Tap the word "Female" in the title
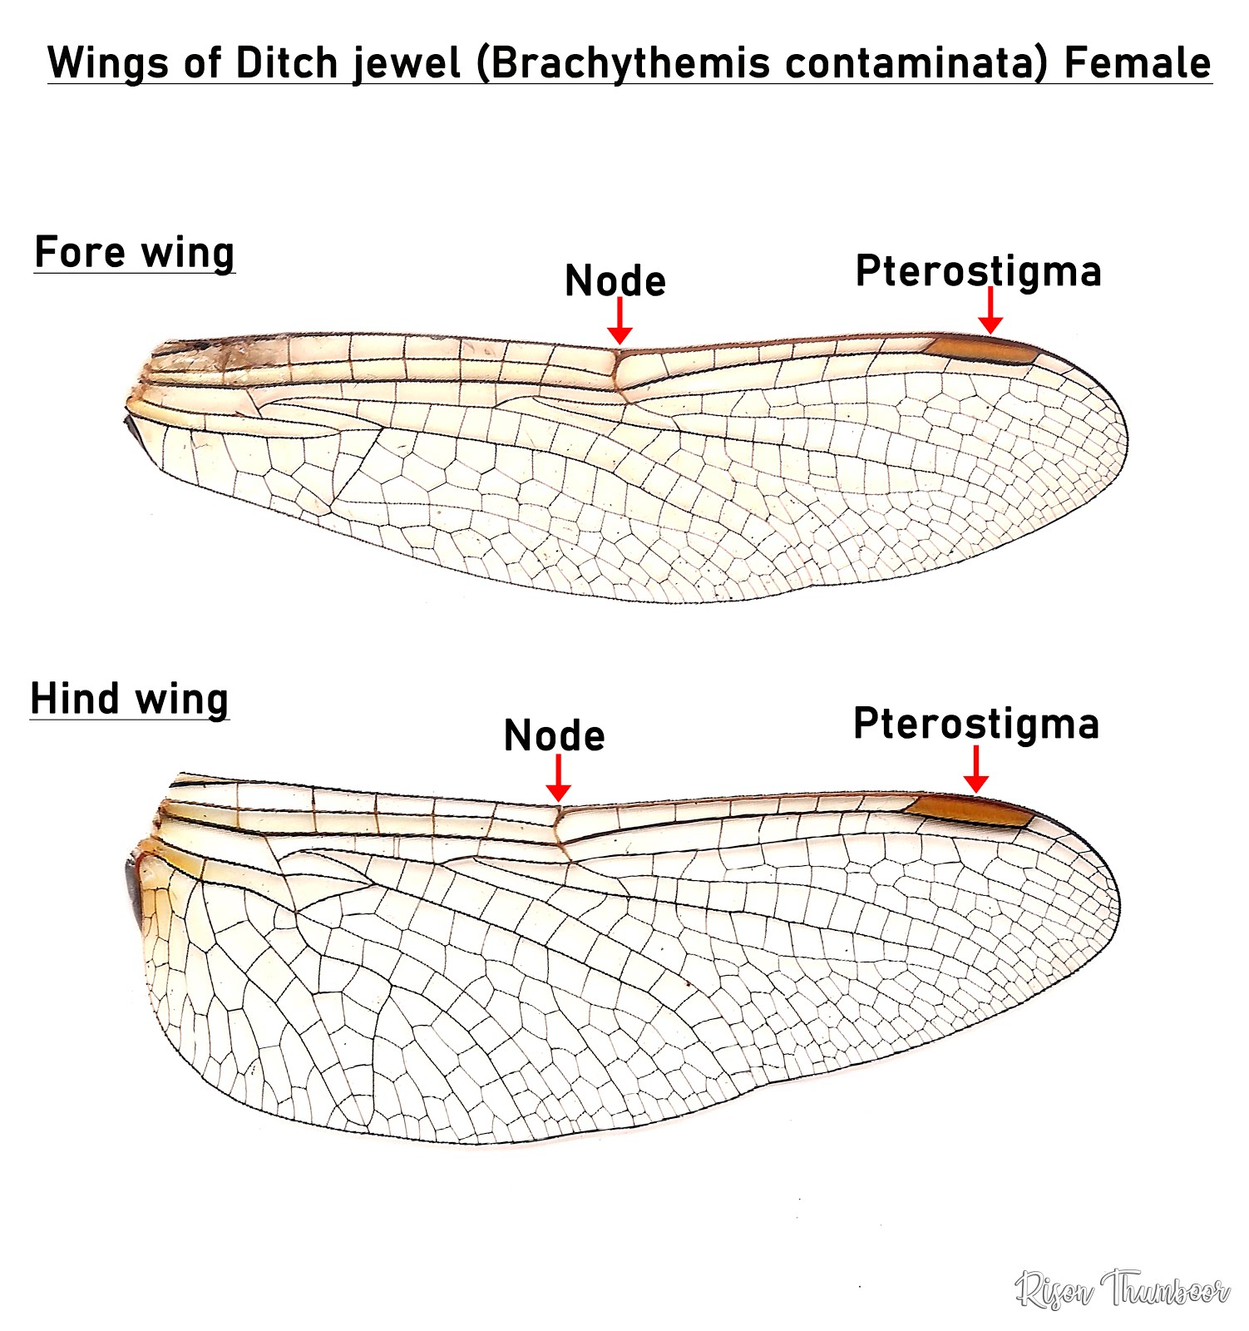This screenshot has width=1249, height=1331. pos(1138,62)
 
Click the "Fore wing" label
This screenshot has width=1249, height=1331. pos(135,252)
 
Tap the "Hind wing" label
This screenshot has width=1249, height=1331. pos(130,699)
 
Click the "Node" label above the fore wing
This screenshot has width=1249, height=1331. pos(615,281)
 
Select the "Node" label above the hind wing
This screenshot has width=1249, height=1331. pos(555,735)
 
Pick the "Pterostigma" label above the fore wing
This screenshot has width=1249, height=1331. pos(978,270)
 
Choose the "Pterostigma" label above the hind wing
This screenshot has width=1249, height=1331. pos(976,723)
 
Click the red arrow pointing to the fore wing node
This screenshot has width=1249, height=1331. pos(620,321)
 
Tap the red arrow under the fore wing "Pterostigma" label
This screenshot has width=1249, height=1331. pos(990,311)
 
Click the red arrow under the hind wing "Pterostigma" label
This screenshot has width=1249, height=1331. pos(976,769)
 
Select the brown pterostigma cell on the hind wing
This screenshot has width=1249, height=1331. pos(969,810)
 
